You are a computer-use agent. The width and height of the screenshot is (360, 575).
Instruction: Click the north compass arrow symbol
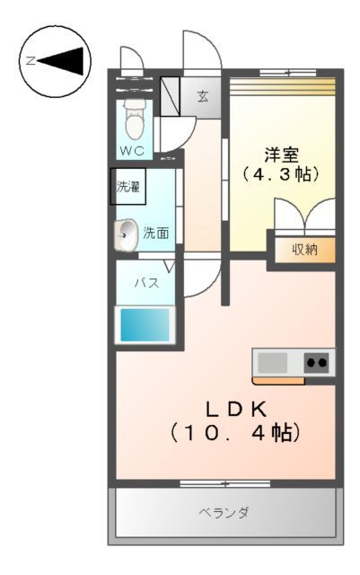click(x=65, y=61)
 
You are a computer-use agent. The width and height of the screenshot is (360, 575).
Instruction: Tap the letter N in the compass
click(x=31, y=61)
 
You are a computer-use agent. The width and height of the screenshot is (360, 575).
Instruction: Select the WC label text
click(x=133, y=150)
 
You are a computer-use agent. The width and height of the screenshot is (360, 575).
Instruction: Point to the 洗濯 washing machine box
click(x=128, y=187)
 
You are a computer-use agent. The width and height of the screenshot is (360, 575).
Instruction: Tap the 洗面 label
click(x=156, y=234)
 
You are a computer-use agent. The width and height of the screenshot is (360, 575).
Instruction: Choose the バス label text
click(x=146, y=282)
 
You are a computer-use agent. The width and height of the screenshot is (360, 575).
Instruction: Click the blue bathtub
click(x=145, y=324)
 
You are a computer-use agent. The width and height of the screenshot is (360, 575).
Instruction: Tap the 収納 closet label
click(x=304, y=250)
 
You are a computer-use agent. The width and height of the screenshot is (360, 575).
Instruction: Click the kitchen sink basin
click(x=273, y=363)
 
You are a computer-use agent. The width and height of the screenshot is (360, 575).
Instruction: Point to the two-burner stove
click(x=317, y=363)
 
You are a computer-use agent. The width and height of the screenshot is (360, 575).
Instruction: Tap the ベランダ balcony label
click(x=224, y=512)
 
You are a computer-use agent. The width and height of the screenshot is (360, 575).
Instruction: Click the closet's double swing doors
click(x=304, y=218)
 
